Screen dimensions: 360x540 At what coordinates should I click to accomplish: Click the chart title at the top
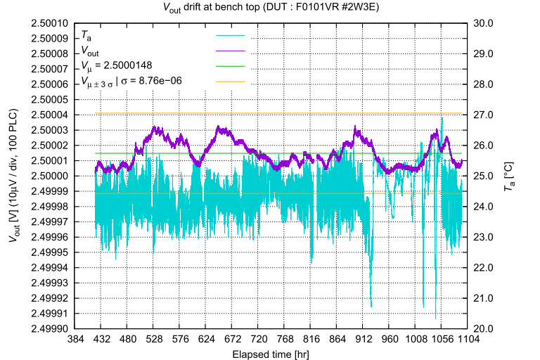270,8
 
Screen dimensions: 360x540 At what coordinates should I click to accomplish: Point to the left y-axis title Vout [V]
14,176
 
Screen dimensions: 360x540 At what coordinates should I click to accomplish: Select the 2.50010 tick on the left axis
48,23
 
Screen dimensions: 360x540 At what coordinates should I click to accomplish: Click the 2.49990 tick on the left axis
48,328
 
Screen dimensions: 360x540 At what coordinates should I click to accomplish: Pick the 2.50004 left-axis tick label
48,115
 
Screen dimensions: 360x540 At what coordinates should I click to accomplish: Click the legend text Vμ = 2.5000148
117,66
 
